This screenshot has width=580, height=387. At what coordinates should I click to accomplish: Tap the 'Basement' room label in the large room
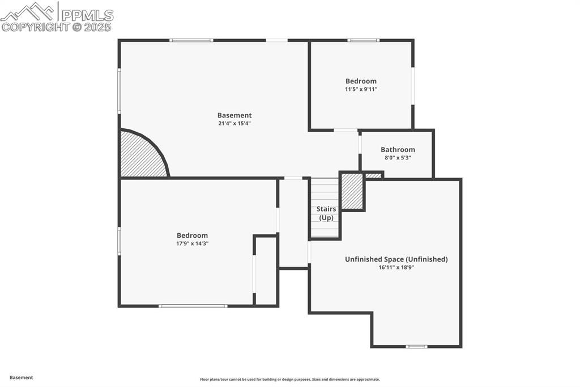(x=234, y=115)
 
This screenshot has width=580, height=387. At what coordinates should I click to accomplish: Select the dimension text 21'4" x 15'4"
(x=234, y=123)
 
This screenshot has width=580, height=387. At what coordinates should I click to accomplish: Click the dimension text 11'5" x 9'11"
(x=361, y=89)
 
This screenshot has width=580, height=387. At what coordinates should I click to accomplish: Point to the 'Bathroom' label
(x=398, y=150)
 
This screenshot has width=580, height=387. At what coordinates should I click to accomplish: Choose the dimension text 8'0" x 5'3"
(x=398, y=158)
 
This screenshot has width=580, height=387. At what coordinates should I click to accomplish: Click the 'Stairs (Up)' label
(x=326, y=213)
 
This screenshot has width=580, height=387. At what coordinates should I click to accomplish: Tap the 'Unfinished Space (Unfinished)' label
(x=396, y=259)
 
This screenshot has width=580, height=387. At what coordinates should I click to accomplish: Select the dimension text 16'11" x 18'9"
(x=396, y=267)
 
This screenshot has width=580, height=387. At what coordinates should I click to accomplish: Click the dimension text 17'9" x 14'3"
(x=192, y=243)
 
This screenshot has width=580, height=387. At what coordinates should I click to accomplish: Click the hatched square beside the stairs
(x=352, y=191)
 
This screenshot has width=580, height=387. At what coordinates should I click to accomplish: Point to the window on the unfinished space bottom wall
(x=416, y=346)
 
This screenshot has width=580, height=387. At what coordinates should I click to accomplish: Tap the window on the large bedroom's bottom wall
(x=193, y=306)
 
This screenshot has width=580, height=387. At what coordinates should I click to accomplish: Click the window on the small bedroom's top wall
(x=363, y=40)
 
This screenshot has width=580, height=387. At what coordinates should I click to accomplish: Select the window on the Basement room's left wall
(x=119, y=91)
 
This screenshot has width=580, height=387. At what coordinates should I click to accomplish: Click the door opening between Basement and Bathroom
(x=360, y=144)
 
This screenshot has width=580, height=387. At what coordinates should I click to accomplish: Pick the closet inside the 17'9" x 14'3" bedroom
(x=266, y=271)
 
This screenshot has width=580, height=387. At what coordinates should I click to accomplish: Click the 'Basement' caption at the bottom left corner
(x=22, y=377)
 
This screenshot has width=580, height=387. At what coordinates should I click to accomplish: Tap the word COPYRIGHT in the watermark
(x=35, y=27)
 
